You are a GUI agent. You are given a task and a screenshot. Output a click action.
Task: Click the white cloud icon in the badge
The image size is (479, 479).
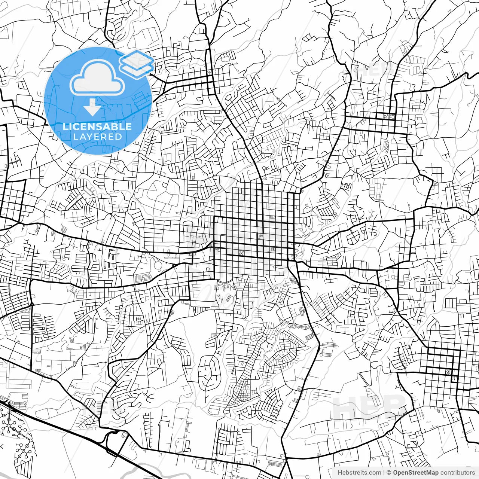point(97,79)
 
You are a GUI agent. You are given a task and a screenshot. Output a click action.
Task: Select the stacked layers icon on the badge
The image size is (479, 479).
point(137,62)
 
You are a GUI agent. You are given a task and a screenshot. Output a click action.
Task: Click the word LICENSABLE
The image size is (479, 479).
point(97,126)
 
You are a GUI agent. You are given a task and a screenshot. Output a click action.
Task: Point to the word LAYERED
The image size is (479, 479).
point(97,137)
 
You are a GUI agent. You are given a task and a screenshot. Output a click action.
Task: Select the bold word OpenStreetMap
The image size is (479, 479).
point(416,473)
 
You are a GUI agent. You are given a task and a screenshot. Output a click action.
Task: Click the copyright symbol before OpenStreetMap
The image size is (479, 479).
point(389,473)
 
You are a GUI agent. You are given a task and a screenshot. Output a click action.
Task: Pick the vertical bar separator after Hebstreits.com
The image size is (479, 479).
point(384,473)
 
